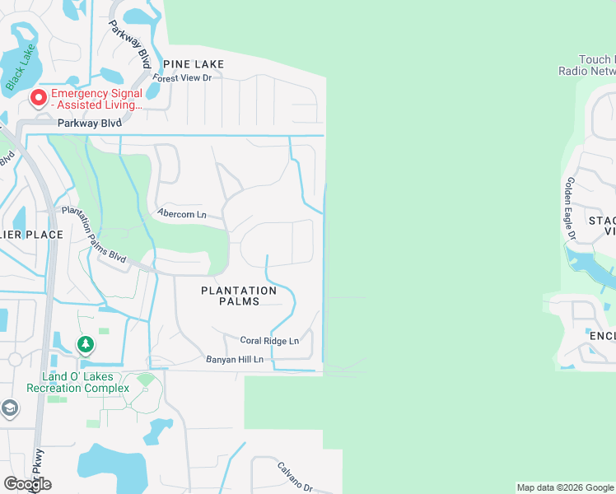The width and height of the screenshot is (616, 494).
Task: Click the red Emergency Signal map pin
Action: (38, 99)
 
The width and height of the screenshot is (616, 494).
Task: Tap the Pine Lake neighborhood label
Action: (194, 63)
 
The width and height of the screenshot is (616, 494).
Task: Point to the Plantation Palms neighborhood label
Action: (239, 296)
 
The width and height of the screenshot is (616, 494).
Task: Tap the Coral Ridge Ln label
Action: (269, 340)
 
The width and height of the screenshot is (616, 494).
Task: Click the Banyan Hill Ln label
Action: (235, 360)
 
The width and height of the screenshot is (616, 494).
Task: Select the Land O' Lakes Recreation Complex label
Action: (78, 382)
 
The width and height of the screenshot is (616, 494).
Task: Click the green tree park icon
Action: (84, 344)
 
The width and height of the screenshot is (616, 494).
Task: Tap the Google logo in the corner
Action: (27, 484)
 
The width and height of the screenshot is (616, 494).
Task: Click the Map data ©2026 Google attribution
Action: (565, 487)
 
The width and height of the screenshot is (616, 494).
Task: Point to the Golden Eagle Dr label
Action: (569, 209)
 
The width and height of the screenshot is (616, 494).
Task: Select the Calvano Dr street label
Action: (294, 476)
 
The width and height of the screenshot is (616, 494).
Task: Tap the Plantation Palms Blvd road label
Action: (95, 235)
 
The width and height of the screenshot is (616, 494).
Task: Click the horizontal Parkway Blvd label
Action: (89, 123)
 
